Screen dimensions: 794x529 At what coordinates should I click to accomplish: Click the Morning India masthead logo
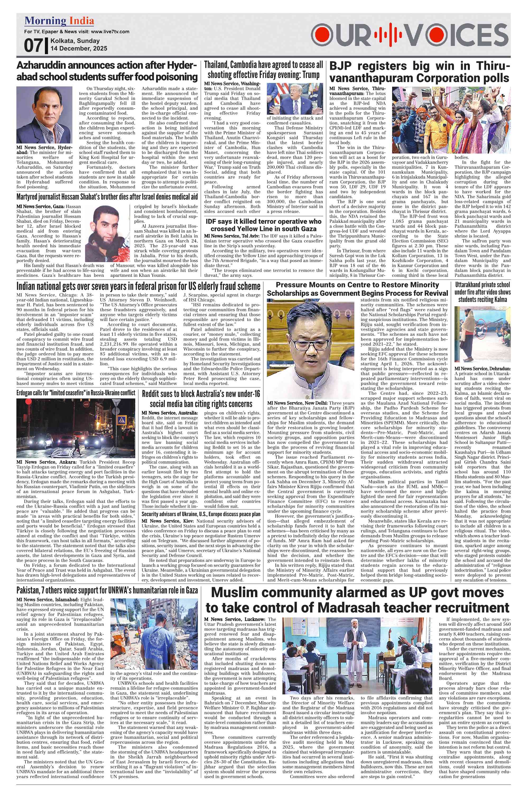tap(59, 21)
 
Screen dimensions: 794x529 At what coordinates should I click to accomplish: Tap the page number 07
tap(33, 45)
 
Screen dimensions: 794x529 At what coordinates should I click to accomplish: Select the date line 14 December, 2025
tap(78, 49)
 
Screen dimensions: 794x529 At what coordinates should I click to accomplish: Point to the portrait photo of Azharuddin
tap(44, 115)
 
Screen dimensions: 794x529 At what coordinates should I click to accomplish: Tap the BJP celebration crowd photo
tap(451, 120)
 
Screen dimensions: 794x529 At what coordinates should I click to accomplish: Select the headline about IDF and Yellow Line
tap(263, 225)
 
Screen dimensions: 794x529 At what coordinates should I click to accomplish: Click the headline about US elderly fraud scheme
tap(138, 286)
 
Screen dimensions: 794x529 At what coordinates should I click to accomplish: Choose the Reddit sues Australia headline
tap(201, 399)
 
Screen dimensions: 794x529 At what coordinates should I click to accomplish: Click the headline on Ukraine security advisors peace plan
tap(201, 514)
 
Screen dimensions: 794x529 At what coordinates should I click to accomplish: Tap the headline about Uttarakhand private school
tap(482, 292)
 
